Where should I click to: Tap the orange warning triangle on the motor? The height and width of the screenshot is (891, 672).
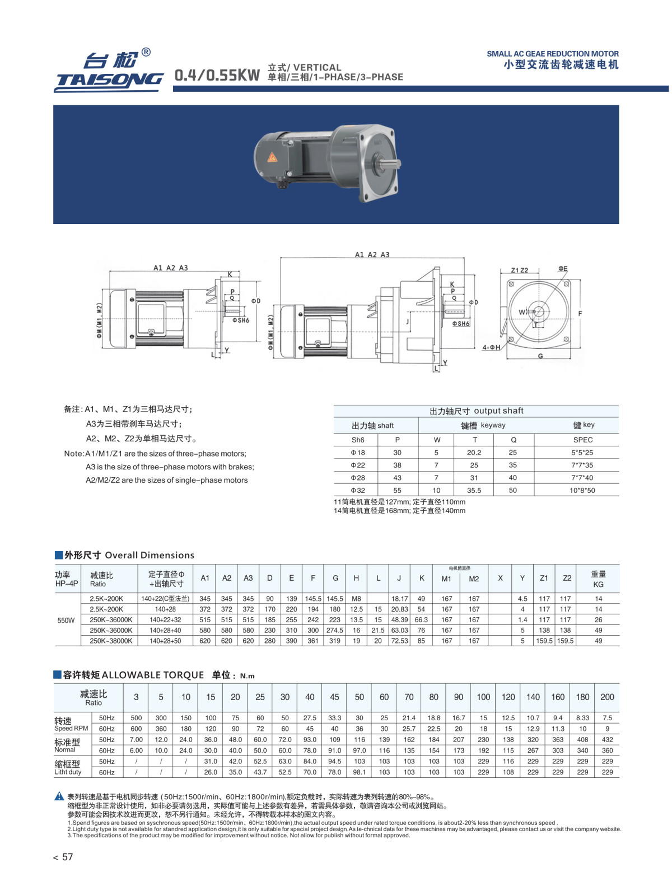coord(272,157)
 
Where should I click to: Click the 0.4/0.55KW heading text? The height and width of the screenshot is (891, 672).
coord(217,75)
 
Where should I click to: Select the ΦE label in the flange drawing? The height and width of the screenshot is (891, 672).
coord(562,269)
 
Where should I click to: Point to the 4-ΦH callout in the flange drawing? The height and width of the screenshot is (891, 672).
coord(491,347)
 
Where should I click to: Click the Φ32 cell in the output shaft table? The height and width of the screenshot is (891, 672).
coord(358,490)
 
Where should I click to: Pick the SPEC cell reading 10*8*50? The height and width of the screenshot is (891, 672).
coord(582,490)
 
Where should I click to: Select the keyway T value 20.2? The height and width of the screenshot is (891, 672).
coord(474,453)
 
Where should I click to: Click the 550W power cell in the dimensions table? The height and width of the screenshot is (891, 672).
coord(66,620)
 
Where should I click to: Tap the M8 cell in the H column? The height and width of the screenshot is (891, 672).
coord(356,599)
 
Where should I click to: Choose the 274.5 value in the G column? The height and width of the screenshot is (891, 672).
coord(334,631)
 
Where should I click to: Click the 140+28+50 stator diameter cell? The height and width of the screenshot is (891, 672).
coord(165,641)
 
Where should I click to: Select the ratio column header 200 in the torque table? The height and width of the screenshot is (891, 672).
coord(607,697)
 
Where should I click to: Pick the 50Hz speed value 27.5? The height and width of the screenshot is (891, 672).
coord(310,718)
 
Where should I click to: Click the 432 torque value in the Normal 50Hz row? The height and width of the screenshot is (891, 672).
coord(607,740)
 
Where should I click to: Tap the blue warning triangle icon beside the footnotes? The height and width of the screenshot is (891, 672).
coord(59,796)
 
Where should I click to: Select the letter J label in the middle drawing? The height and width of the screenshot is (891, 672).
coord(408,321)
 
